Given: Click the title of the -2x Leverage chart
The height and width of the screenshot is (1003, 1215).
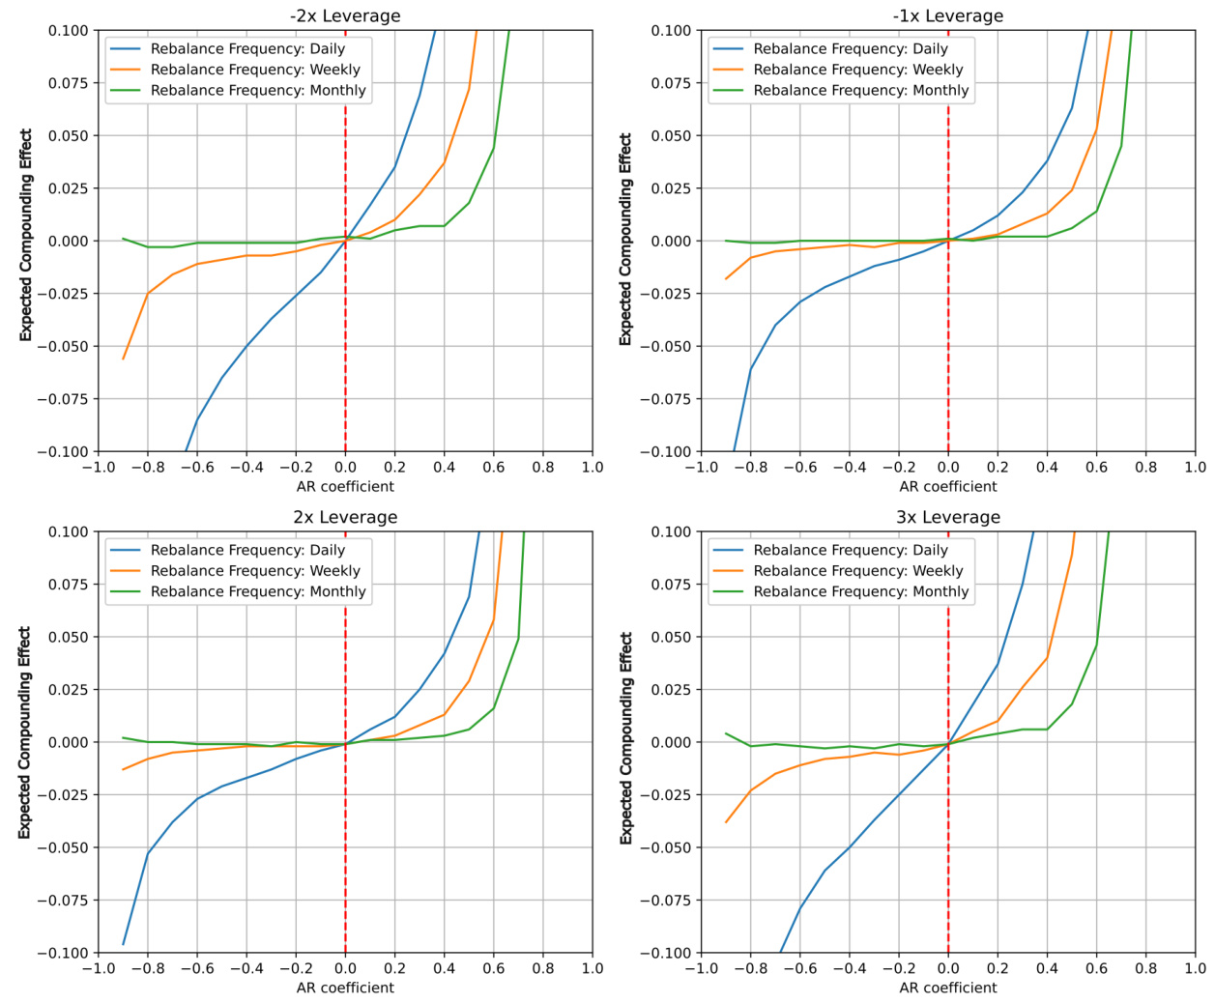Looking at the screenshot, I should (345, 15).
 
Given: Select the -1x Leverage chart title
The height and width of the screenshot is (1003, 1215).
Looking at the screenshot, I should (947, 15).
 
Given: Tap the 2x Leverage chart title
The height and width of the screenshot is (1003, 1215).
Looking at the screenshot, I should (345, 517).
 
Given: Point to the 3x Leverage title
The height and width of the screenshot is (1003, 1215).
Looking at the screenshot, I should (947, 517).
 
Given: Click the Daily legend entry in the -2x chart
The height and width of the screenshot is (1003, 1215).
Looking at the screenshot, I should (247, 48).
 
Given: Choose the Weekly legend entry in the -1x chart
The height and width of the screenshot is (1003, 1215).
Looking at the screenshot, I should (857, 70).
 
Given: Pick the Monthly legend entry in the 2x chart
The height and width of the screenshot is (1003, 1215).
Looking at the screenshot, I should (258, 591).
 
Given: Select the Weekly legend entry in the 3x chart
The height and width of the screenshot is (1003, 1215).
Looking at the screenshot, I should (857, 571).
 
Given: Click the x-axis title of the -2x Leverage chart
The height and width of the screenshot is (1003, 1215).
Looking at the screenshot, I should (345, 486).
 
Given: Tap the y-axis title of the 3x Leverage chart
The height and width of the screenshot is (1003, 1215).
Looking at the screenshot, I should (626, 738).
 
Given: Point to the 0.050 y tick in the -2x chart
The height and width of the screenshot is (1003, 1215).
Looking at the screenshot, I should (68, 135).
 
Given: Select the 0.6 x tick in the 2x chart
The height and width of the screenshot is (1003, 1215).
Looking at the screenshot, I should (493, 968).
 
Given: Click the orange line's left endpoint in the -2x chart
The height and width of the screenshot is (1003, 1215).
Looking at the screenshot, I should (124, 358).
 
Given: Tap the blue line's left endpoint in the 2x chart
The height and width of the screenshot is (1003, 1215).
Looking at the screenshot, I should (124, 944).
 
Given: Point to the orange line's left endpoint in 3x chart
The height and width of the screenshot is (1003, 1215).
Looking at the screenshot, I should (726, 822).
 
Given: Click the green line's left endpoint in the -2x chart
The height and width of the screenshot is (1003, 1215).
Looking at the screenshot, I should (124, 239).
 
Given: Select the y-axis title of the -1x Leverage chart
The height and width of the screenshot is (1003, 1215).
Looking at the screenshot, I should (625, 239).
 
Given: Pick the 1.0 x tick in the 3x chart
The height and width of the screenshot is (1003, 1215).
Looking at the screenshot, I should (1196, 968).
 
